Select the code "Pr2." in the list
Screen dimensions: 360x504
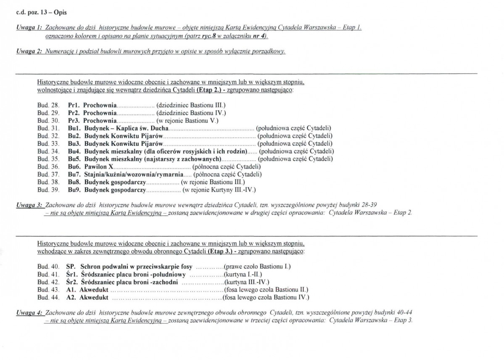[x=74, y=113]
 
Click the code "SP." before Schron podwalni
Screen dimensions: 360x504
[x=71, y=267]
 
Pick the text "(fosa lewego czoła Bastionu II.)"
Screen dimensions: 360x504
[x=267, y=290]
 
